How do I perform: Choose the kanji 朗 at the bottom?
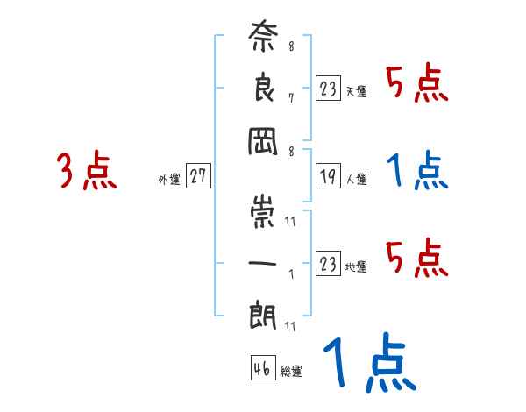263,313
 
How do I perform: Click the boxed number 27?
198,177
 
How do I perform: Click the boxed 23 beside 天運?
328,89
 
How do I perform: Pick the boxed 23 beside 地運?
328,265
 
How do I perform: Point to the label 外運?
169,180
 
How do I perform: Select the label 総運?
292,372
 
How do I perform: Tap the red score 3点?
87,172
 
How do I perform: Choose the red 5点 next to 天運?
417,85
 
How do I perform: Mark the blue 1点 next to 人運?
417,170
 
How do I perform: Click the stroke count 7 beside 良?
290,97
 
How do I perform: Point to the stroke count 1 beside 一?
290,271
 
